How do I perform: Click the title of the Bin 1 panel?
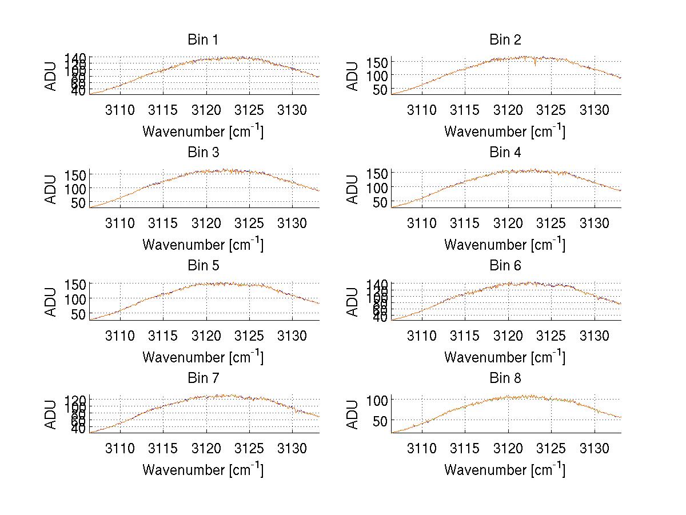(x=203, y=39)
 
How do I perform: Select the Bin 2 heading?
(x=505, y=39)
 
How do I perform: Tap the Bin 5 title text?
(x=203, y=265)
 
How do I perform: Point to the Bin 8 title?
(x=505, y=378)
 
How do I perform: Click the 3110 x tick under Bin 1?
(x=120, y=110)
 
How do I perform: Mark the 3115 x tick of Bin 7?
(x=163, y=448)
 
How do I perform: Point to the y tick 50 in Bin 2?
(x=381, y=89)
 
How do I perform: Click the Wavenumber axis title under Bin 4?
(x=505, y=244)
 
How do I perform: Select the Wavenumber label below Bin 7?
(x=203, y=470)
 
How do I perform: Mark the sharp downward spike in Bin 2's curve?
(x=535, y=64)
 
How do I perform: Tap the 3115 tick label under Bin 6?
(x=465, y=336)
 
